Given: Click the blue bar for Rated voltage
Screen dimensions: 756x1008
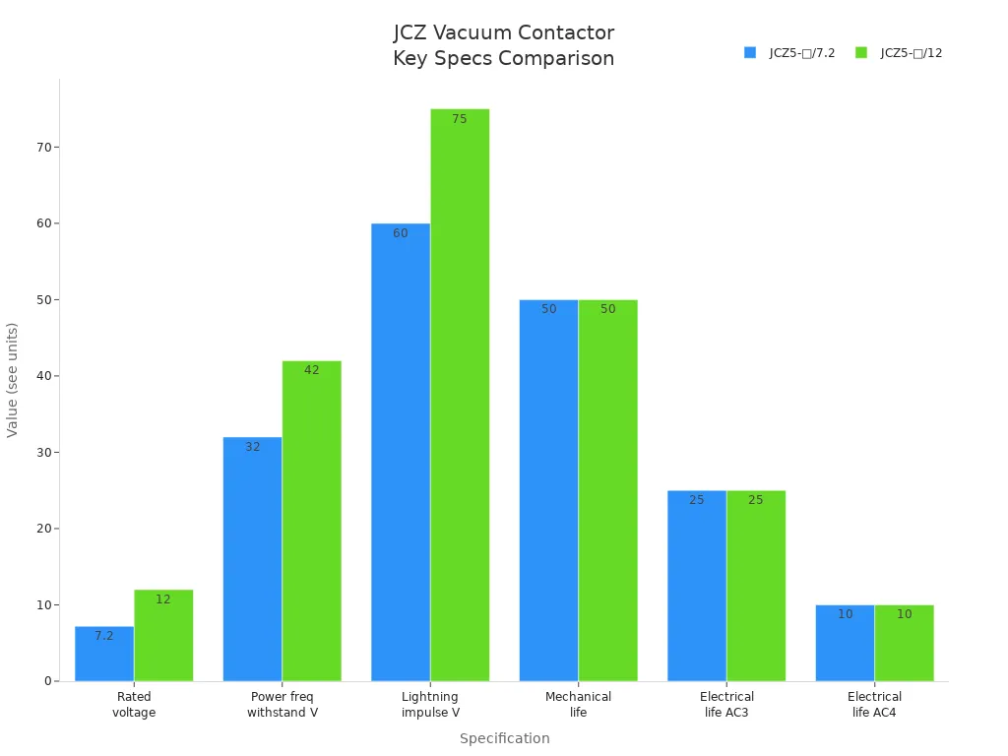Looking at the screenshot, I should coord(104,655).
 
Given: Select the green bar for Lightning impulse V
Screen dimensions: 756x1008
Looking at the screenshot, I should coord(460,394).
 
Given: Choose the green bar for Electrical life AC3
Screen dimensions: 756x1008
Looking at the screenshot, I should coord(756,586).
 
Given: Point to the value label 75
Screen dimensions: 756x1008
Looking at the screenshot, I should coord(460,119).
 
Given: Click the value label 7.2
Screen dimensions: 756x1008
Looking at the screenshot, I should coord(104,636).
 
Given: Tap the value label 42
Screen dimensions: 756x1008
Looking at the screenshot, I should coord(311,370).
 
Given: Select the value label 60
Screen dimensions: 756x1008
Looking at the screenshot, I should coord(400,233).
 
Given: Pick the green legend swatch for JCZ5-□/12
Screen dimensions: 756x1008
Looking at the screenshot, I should coord(861,53).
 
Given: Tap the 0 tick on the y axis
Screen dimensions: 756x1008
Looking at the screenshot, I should coord(47,681).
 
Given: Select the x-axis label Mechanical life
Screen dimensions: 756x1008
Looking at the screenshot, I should coord(578,704).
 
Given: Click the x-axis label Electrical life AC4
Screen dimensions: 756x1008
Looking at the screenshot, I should coord(874,704).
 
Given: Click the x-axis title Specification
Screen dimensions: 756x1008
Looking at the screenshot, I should coord(504,738).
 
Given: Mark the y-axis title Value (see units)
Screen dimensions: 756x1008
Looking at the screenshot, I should coord(13,379).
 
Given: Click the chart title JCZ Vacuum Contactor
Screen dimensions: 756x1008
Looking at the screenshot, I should coord(504,33).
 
